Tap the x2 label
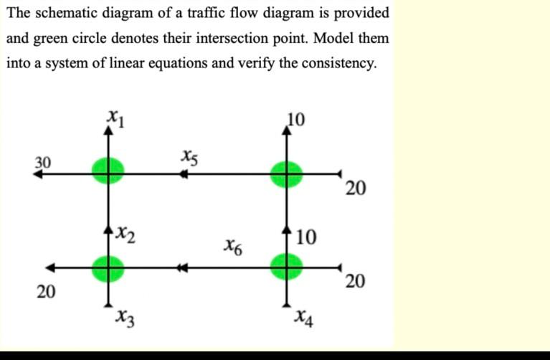click(127, 231)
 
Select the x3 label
click(125, 317)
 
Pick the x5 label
click(189, 156)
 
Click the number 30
click(44, 162)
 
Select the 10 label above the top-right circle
click(296, 119)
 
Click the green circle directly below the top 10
click(286, 172)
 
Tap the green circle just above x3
click(108, 268)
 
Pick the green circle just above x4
click(286, 267)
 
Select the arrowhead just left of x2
click(109, 229)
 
